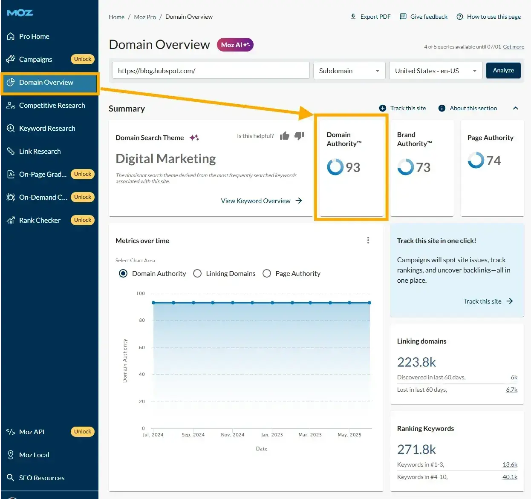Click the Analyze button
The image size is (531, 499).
(x=503, y=71)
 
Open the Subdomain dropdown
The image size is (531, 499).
(x=349, y=71)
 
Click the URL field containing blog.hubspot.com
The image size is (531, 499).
(x=211, y=71)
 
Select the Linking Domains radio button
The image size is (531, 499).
(x=197, y=273)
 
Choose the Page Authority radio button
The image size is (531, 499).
(x=267, y=273)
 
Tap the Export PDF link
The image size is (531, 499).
(x=370, y=17)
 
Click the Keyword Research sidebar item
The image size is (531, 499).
(x=47, y=128)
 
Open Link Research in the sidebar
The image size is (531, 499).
(x=40, y=151)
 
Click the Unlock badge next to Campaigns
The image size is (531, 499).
(x=83, y=59)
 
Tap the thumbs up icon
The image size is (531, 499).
(x=285, y=136)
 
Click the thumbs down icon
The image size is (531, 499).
(x=299, y=136)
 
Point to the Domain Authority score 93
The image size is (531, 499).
(x=352, y=167)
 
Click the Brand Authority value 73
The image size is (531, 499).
(x=423, y=167)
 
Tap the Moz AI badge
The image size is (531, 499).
(x=235, y=45)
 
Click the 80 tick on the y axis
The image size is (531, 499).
(x=142, y=320)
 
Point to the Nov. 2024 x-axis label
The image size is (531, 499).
(x=233, y=435)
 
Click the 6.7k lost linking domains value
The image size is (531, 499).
(x=511, y=390)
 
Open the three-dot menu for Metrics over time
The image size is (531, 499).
(x=368, y=241)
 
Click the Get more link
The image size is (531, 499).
(x=514, y=47)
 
